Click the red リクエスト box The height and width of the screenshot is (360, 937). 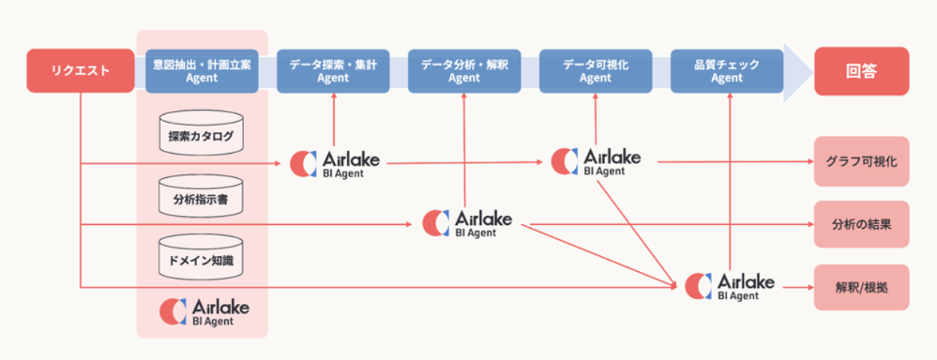pyautogui.click(x=80, y=70)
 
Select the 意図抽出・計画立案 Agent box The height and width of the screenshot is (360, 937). pyautogui.click(x=201, y=71)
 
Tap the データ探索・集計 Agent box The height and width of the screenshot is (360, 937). pyautogui.click(x=333, y=71)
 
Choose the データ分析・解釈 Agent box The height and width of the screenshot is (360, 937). pyautogui.click(x=465, y=71)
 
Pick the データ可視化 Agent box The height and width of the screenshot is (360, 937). pyautogui.click(x=596, y=71)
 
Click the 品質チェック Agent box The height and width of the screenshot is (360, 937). pyautogui.click(x=727, y=71)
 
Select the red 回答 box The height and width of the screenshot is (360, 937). pyautogui.click(x=862, y=71)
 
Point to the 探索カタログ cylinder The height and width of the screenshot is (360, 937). pyautogui.click(x=201, y=133)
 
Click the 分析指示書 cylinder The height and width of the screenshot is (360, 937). pyautogui.click(x=201, y=196)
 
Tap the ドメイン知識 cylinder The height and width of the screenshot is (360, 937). pyautogui.click(x=201, y=257)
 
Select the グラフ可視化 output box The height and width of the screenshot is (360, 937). pyautogui.click(x=862, y=162)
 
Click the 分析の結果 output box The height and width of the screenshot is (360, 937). pyautogui.click(x=862, y=224)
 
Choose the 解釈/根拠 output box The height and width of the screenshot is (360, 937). pyautogui.click(x=862, y=287)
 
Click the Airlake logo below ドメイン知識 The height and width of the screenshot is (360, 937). pyautogui.click(x=205, y=312)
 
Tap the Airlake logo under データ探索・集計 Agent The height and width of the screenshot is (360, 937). pyautogui.click(x=335, y=164)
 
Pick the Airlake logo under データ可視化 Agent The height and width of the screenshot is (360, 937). pyautogui.click(x=596, y=162)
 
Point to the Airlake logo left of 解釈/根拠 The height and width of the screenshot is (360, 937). pyautogui.click(x=730, y=287)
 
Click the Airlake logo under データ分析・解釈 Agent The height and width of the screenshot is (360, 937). pyautogui.click(x=467, y=223)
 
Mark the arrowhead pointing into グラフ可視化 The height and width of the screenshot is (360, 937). pyautogui.click(x=811, y=162)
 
